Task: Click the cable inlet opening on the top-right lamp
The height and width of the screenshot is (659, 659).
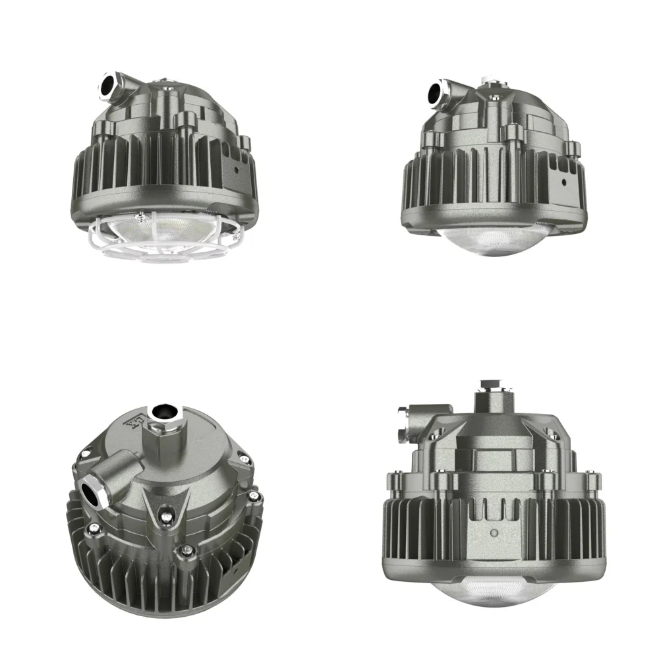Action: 436,92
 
